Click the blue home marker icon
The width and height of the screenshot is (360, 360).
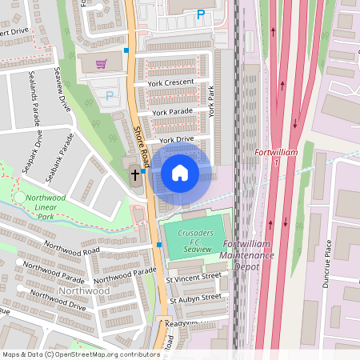[x=180, y=172]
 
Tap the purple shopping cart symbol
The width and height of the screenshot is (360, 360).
[x=102, y=63]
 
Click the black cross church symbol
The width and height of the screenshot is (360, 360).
[x=134, y=173]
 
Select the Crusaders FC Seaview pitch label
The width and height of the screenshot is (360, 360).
[x=190, y=241]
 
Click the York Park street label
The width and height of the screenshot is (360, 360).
[x=213, y=102]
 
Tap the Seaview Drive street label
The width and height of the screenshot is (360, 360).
[x=62, y=86]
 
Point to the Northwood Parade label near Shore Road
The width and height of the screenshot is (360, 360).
[x=124, y=276]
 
